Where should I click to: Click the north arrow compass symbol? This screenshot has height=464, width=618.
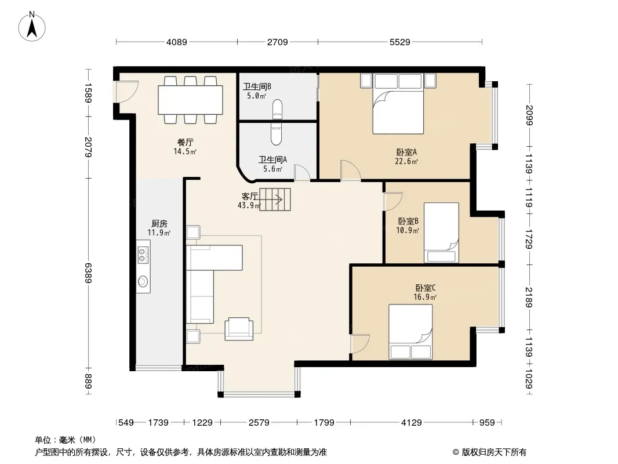click(32, 26)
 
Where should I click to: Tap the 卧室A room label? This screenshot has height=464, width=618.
click(406, 152)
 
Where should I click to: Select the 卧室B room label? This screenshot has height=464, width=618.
click(408, 222)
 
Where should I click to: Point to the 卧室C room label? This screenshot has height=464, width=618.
click(425, 288)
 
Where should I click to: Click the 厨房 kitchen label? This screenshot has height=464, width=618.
click(159, 224)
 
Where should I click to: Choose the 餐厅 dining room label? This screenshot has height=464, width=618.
click(186, 142)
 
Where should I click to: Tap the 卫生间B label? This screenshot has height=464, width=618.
click(257, 87)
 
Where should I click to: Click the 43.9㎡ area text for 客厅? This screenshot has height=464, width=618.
click(249, 205)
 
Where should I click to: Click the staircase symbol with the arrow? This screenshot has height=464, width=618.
click(275, 200)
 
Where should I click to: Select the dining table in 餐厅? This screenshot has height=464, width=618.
click(190, 100)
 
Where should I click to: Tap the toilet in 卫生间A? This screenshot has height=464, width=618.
click(276, 133)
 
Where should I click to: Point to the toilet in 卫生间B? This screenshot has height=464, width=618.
click(278, 109)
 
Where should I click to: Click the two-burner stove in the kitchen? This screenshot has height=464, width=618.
click(143, 255)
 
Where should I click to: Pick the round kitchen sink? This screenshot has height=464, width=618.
click(143, 281)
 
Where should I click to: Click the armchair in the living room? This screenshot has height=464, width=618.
click(239, 329)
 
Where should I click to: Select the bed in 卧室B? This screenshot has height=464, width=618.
click(441, 233)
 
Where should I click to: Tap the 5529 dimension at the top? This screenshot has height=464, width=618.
click(399, 42)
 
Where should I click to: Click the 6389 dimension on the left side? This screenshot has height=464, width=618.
click(88, 273)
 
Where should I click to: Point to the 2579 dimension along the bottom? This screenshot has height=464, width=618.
click(259, 423)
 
